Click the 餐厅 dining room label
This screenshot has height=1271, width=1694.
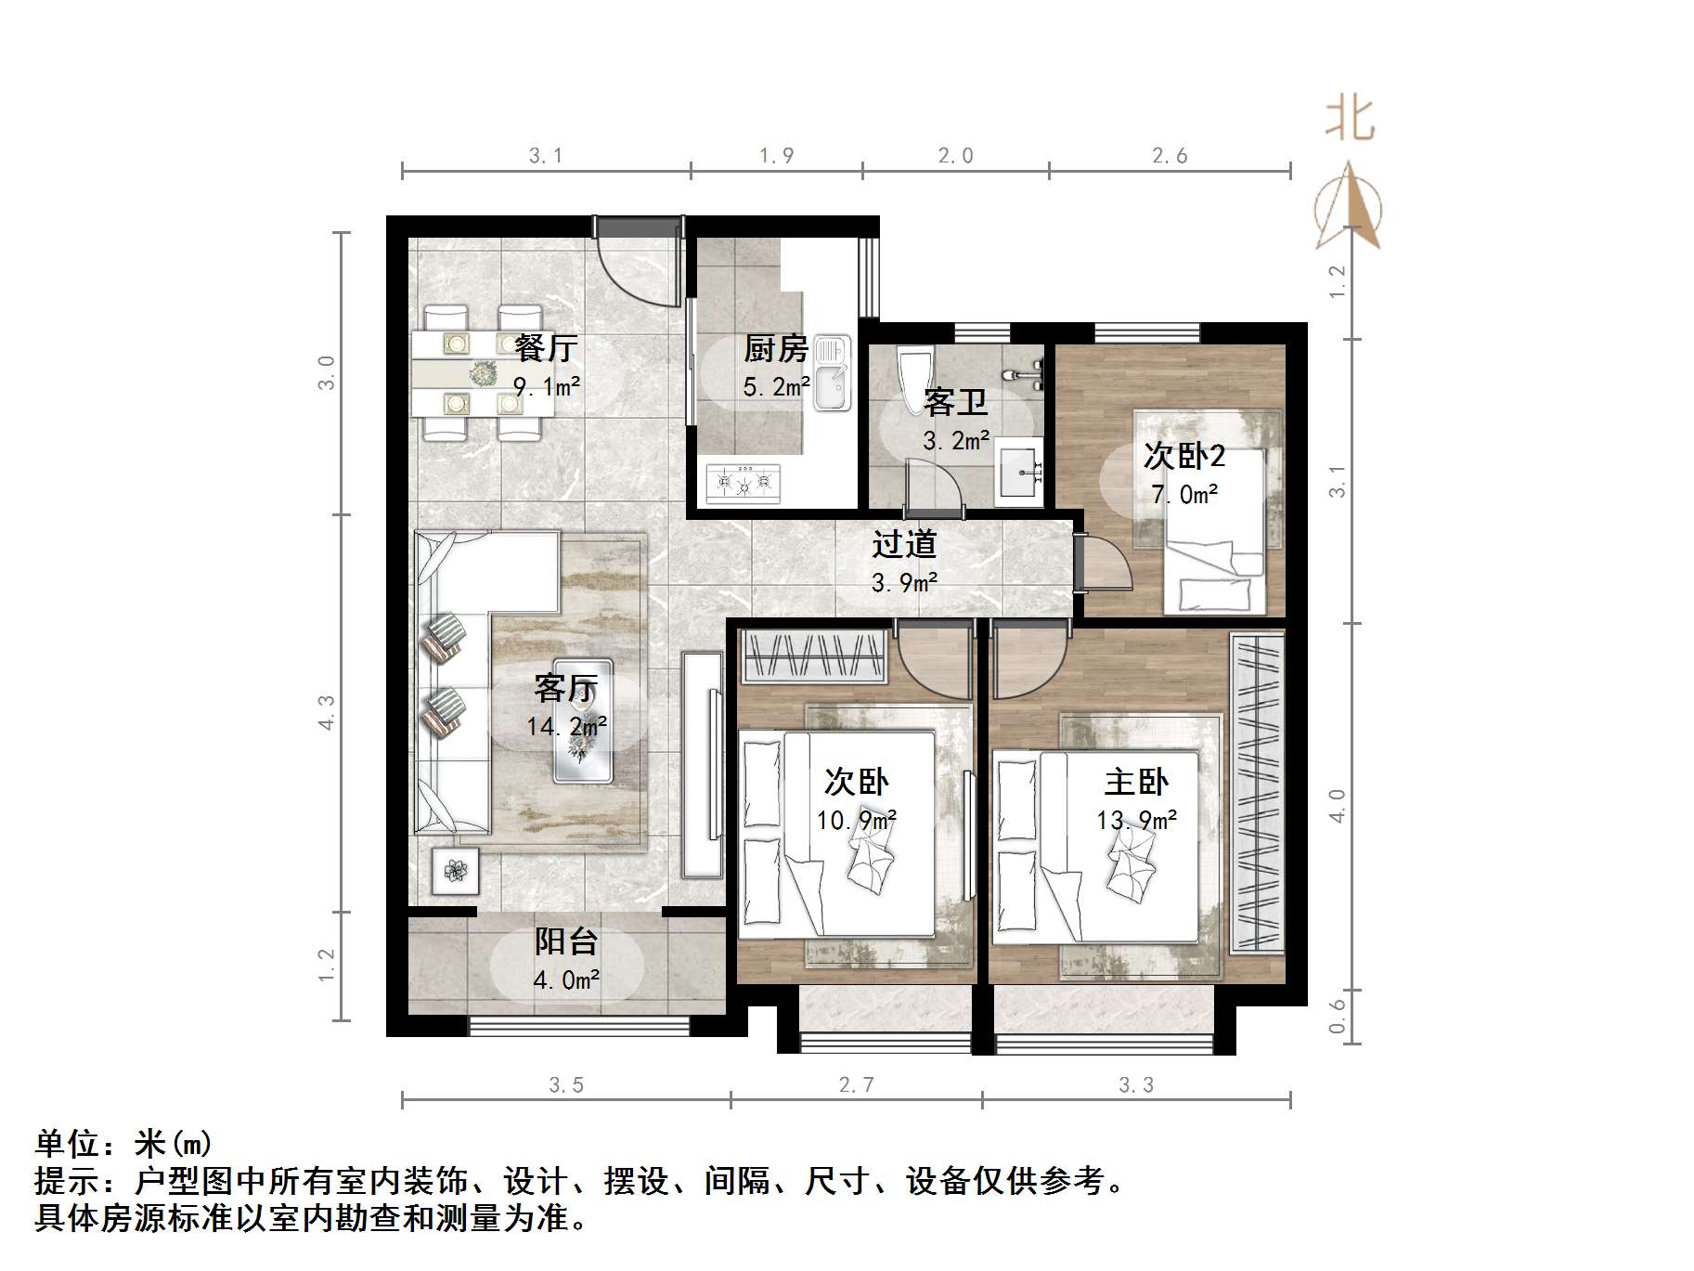546,348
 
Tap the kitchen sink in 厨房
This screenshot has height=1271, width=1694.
832,372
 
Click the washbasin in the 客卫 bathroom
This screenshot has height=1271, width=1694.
1018,469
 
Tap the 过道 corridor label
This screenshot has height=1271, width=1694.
903,544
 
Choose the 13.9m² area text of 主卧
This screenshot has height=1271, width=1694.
1136,821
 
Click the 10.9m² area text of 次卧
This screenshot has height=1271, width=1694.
856,821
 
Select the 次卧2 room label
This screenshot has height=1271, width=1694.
1183,456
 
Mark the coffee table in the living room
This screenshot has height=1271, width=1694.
583,720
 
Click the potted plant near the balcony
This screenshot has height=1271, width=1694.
455,871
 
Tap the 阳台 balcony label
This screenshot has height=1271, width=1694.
565,941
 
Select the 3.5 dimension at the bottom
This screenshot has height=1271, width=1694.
565,1084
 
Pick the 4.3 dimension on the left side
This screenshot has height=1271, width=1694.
327,712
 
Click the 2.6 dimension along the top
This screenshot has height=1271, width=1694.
1170,156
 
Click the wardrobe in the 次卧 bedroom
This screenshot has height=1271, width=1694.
814,655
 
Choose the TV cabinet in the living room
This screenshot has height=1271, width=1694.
702,764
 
